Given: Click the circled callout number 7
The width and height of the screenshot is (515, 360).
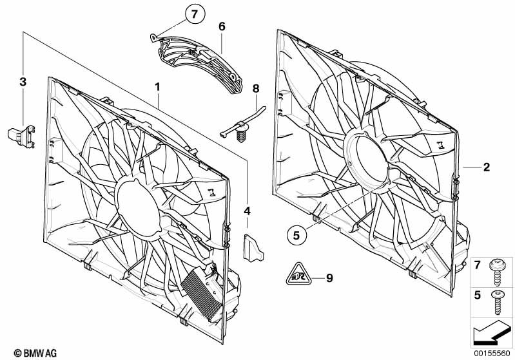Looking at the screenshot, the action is pos(195,14).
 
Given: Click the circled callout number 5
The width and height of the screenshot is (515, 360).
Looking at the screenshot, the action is pos(296,235).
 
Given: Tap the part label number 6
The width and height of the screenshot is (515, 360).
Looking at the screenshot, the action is pos(222,26).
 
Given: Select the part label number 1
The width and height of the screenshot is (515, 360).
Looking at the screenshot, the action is pos(158,87).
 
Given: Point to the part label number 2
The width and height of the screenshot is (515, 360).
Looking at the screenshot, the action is pos(487,167).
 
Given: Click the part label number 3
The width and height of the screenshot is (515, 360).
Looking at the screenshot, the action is pos(23,82).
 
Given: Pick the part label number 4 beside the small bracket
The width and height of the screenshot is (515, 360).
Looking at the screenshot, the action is pos(247,211).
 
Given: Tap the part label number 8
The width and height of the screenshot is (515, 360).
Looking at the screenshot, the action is pos(256,89).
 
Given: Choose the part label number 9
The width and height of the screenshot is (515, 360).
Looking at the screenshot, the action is pos(329,278).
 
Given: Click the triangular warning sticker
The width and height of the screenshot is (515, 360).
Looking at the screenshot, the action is pos(298,274).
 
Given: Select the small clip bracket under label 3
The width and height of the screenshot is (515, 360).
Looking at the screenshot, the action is pos(21,136).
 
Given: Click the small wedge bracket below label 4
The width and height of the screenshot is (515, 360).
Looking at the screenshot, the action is pos(253,248).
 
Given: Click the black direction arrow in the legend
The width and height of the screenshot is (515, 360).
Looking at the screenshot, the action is pos(492,332).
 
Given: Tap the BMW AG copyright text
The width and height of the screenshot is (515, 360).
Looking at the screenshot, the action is pos(35,353).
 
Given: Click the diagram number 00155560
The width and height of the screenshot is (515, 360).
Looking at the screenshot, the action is pos(492,353).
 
